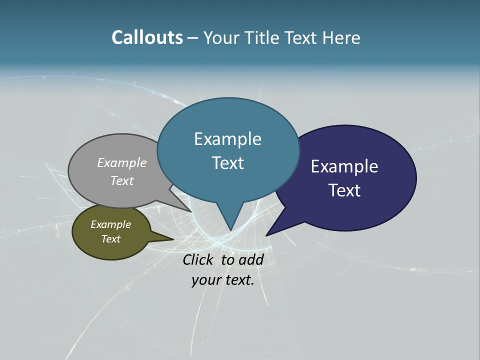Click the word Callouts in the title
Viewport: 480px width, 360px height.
click(147, 37)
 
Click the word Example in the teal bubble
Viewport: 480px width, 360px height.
click(227, 139)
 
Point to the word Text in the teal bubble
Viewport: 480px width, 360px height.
click(227, 163)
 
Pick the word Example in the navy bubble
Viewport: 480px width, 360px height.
click(344, 166)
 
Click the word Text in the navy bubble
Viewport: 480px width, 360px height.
click(344, 190)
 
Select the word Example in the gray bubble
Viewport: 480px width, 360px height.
click(122, 162)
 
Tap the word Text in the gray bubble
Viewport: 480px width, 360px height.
click(122, 180)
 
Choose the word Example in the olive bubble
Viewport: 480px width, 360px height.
click(110, 224)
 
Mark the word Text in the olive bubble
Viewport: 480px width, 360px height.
click(110, 239)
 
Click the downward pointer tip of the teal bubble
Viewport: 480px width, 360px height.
click(230, 229)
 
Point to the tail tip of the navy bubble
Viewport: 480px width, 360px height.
click(267, 235)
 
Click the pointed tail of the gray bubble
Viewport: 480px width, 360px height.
click(190, 211)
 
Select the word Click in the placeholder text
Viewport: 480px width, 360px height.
click(198, 259)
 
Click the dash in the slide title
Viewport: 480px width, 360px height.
click(193, 38)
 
